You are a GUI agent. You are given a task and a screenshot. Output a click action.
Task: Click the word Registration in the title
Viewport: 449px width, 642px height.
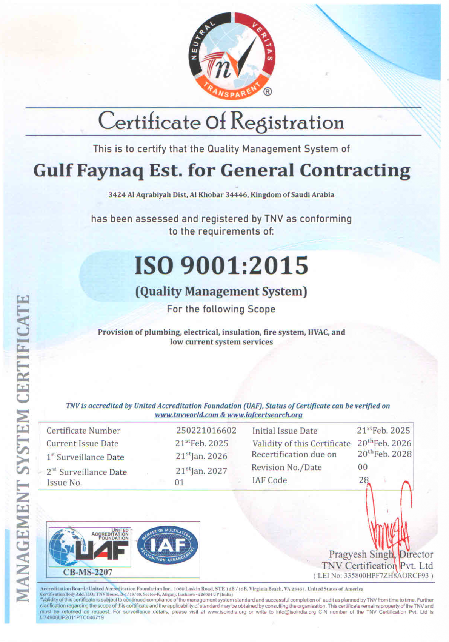point(287,122)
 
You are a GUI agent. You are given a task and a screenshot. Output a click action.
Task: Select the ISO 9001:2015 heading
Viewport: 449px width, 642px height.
point(221,265)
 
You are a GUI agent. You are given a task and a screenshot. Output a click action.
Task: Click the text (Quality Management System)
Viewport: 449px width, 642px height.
point(221,292)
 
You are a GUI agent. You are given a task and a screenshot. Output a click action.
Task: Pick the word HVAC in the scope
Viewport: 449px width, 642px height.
point(319,332)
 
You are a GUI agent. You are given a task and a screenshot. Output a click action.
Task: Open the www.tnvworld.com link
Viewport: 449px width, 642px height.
point(186,415)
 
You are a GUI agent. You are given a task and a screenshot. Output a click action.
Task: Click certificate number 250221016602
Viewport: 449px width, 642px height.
point(206,431)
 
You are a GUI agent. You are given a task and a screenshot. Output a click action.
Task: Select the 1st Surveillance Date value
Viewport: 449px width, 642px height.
point(201,456)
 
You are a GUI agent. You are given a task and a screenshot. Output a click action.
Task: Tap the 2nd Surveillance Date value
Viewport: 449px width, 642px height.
point(201,471)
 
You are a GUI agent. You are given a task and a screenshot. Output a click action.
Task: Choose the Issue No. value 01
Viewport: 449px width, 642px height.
point(179,483)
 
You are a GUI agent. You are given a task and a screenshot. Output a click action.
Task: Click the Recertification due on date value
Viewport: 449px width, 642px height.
point(384,454)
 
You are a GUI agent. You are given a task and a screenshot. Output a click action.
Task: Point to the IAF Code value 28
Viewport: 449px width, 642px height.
point(363,480)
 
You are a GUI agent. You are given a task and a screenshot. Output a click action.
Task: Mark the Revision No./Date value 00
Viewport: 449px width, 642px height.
point(363,467)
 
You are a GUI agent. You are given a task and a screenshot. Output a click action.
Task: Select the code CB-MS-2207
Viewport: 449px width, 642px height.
point(88,572)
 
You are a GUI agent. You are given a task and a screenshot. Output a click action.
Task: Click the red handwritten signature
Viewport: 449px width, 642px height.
point(389,525)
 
